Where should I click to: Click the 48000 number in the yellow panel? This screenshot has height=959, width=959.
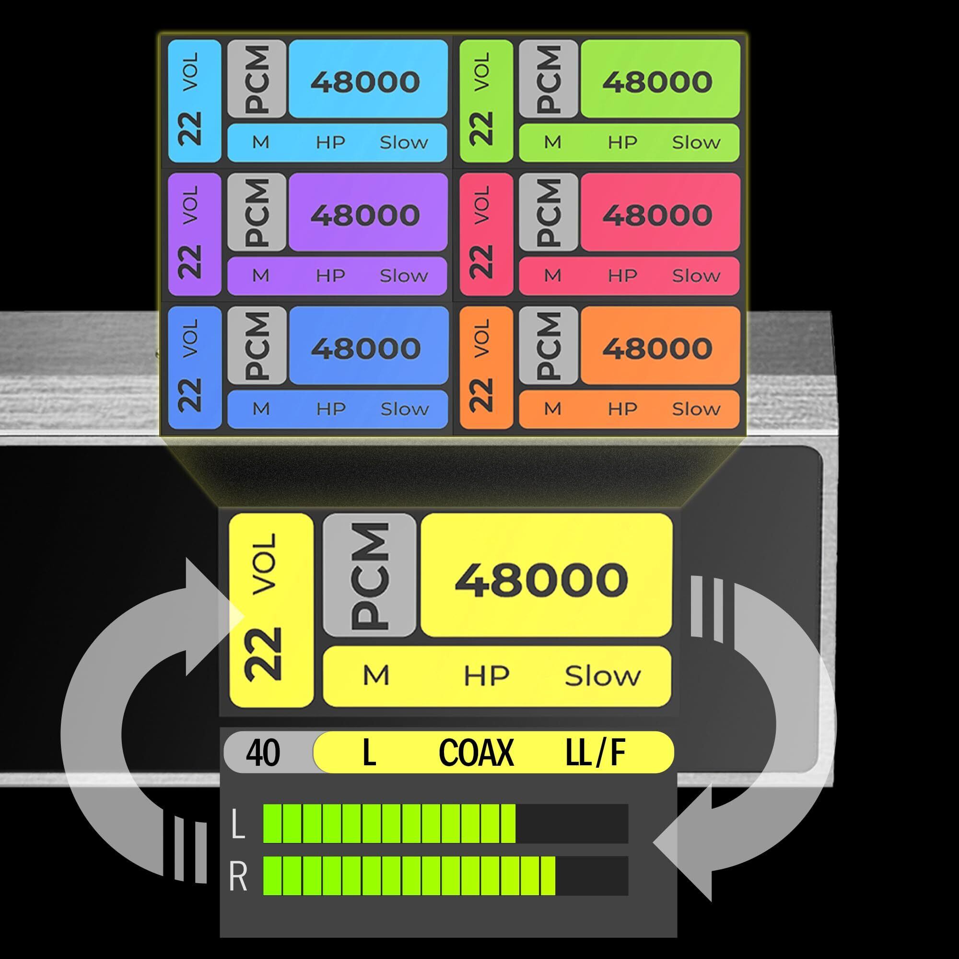coord(541,579)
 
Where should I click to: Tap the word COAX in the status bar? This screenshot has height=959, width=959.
coord(476,752)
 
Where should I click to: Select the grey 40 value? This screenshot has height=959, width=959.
coord(263,752)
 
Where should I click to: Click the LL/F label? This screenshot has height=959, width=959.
coord(595,752)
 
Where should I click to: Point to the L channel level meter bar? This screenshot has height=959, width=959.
coord(445,823)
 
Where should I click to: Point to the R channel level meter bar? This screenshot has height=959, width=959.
coord(445,876)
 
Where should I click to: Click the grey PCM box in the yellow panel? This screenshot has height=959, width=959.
coord(369,575)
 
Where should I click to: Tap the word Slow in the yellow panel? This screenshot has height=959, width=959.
coord(603,676)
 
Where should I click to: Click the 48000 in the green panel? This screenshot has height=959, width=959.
coord(657,82)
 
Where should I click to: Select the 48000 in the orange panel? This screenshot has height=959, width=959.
coord(657,348)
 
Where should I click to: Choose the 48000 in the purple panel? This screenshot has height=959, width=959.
coord(365,215)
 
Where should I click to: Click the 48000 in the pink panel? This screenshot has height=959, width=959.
coord(657,215)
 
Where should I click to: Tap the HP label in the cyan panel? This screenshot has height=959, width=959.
coord(330,143)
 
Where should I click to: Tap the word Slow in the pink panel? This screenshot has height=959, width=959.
coord(696,276)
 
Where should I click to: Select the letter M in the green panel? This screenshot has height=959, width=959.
coord(552,143)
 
